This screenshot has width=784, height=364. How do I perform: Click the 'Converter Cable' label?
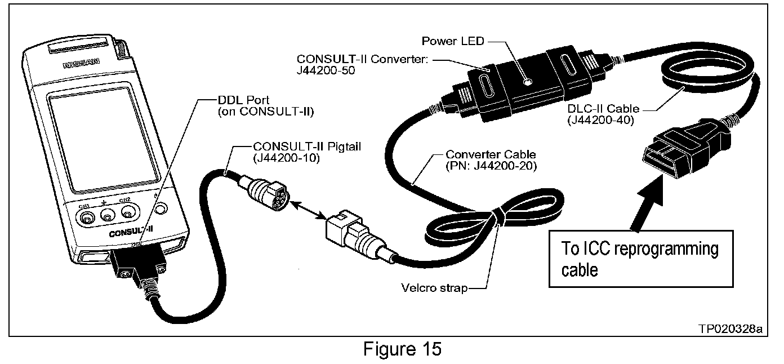pyautogui.click(x=490, y=154)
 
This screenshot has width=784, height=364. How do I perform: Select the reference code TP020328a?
pyautogui.click(x=730, y=329)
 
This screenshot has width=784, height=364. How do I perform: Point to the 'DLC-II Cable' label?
pyautogui.click(x=598, y=109)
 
